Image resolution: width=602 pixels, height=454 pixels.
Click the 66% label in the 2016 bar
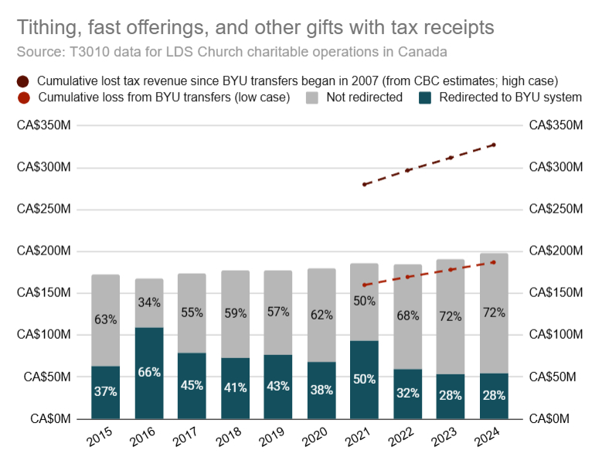coord(149,373)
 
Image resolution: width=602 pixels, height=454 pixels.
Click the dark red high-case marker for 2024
coord(494,145)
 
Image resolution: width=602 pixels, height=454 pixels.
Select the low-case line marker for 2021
coord(365,285)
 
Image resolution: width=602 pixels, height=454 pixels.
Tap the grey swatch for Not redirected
coord(313,98)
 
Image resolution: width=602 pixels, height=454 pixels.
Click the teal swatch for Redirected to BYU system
coord(425,98)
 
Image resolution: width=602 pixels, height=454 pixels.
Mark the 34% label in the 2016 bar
coord(149,302)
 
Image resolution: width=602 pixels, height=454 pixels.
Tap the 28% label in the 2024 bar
coord(494,395)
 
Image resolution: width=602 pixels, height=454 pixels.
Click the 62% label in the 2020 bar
coord(321,315)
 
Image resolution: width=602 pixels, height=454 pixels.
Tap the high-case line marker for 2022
coord(408,170)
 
